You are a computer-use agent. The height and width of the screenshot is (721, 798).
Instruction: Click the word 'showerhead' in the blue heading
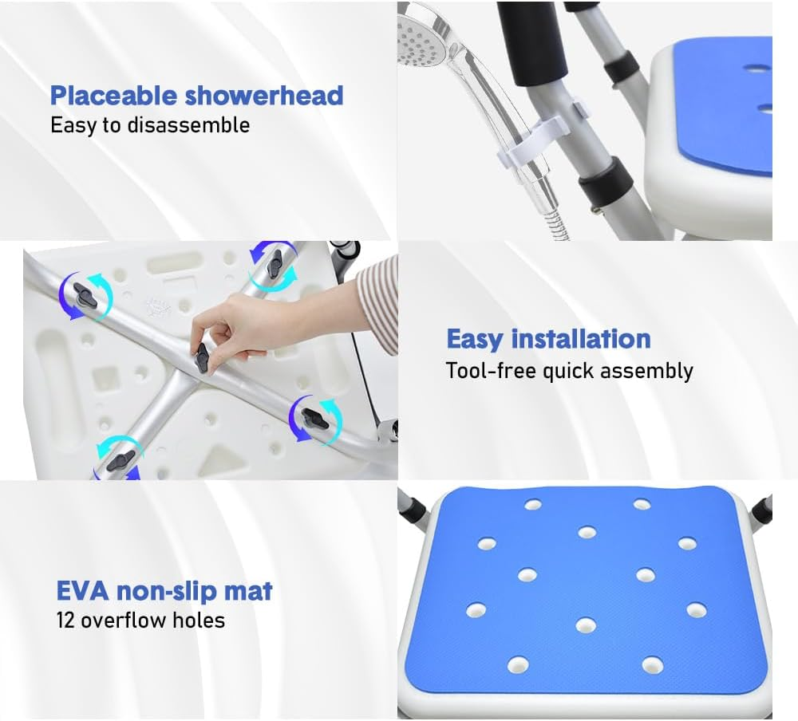263,96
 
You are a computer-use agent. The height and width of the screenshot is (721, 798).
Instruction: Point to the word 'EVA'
83,592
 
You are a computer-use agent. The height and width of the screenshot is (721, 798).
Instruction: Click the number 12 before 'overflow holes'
65,620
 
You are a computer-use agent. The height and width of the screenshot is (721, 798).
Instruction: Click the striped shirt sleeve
378,299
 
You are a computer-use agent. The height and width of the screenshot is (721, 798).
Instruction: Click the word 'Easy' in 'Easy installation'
475,339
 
